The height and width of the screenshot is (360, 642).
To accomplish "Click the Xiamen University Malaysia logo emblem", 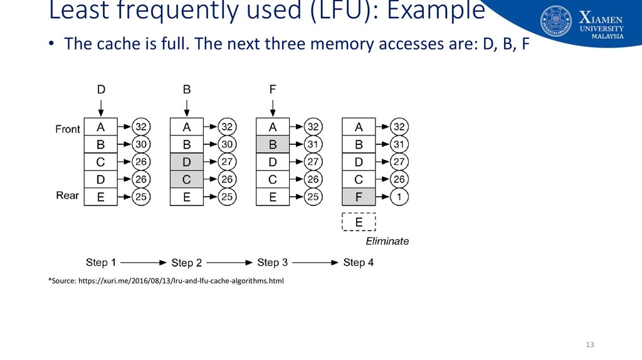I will click(x=556, y=21).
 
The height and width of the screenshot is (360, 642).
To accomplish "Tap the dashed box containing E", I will click(x=359, y=222).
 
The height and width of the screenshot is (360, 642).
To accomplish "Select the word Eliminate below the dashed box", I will click(x=387, y=241).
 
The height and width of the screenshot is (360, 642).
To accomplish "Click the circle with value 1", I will click(x=399, y=198).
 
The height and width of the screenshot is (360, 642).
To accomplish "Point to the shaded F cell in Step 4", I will click(x=359, y=198).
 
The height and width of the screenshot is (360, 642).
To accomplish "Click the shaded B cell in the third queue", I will click(x=273, y=144).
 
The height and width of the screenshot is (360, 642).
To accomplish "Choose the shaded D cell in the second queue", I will click(x=187, y=162).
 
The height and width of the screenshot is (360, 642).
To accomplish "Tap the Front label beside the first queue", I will click(x=68, y=129).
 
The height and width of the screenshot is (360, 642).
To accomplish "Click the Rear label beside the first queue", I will click(x=68, y=196).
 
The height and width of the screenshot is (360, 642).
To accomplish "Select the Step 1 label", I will click(x=101, y=262).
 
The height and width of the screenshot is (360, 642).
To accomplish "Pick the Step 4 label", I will click(x=359, y=262).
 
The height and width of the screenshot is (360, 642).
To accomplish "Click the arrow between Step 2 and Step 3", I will click(x=229, y=262).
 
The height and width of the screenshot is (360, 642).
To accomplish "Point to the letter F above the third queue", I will click(x=273, y=90).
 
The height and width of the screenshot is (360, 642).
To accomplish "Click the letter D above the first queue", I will click(x=101, y=90).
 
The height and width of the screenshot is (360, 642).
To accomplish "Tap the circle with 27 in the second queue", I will click(x=228, y=162).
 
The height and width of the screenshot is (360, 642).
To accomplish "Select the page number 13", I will click(x=589, y=345).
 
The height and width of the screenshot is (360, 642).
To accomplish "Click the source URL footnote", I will click(x=166, y=281).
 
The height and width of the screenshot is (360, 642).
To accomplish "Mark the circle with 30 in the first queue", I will click(x=142, y=144).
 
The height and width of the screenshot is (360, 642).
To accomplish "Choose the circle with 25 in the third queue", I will click(x=313, y=198).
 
